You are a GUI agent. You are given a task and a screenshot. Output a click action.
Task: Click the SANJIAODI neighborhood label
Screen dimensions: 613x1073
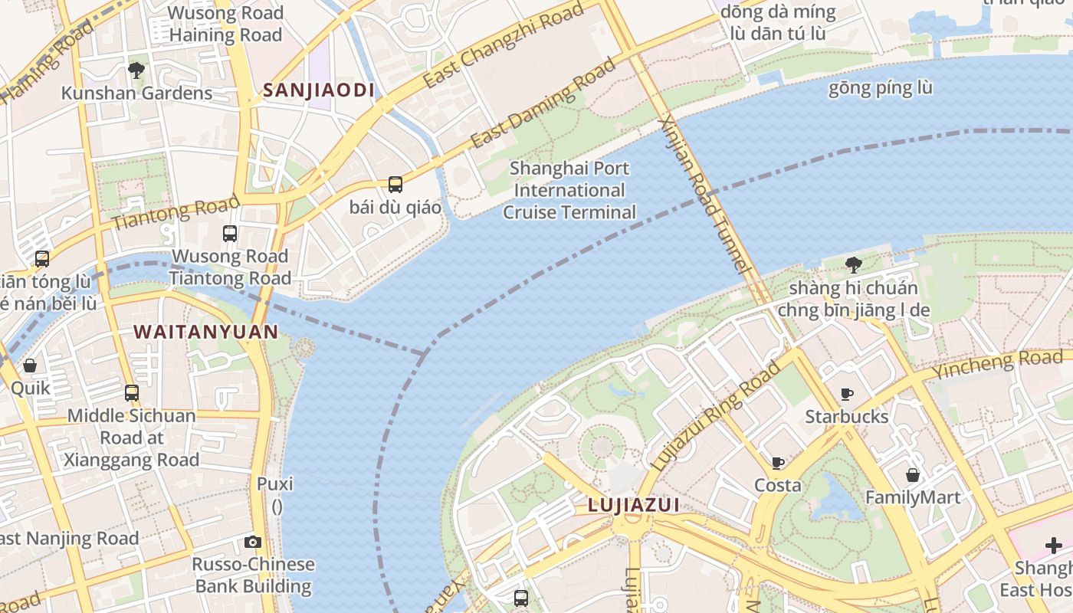pos(319,90)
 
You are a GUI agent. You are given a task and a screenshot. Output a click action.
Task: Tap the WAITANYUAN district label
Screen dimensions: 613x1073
pos(205,332)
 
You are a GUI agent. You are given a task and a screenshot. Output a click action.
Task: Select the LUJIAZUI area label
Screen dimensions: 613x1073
pos(634,505)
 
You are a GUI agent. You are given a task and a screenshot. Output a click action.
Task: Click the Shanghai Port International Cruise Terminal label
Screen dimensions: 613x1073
pos(569,190)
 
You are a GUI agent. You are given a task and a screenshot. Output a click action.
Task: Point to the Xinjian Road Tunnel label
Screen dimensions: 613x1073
pos(703,195)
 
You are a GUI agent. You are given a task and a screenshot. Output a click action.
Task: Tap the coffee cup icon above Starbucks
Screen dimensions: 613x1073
pos(847,394)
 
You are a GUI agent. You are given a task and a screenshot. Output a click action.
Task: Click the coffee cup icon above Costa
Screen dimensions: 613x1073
pos(778,463)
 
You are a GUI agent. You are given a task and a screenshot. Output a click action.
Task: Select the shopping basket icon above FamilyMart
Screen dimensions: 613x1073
pos(912,475)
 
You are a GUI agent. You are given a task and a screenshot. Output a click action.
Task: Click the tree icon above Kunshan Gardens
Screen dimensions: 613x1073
pos(136,70)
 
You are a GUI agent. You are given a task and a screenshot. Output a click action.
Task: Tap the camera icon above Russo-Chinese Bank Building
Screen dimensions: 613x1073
pos(253,542)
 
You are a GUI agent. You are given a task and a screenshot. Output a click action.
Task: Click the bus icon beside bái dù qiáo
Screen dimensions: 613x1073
pos(395,184)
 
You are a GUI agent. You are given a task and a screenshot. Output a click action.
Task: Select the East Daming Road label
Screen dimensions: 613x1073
pos(543,103)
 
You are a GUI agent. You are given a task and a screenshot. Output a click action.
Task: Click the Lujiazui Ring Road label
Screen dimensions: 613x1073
pos(714,415)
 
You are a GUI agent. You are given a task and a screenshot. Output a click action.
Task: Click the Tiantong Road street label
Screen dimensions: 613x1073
pos(176,214)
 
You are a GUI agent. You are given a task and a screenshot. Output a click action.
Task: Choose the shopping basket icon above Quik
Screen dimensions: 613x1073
pos(30,366)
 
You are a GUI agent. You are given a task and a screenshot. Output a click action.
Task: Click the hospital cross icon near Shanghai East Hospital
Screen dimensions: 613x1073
pos(1054,546)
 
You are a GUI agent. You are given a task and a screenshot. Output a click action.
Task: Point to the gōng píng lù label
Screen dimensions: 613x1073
pos(880,88)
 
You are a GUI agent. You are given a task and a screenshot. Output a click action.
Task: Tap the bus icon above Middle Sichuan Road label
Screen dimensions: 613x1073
pos(132,393)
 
